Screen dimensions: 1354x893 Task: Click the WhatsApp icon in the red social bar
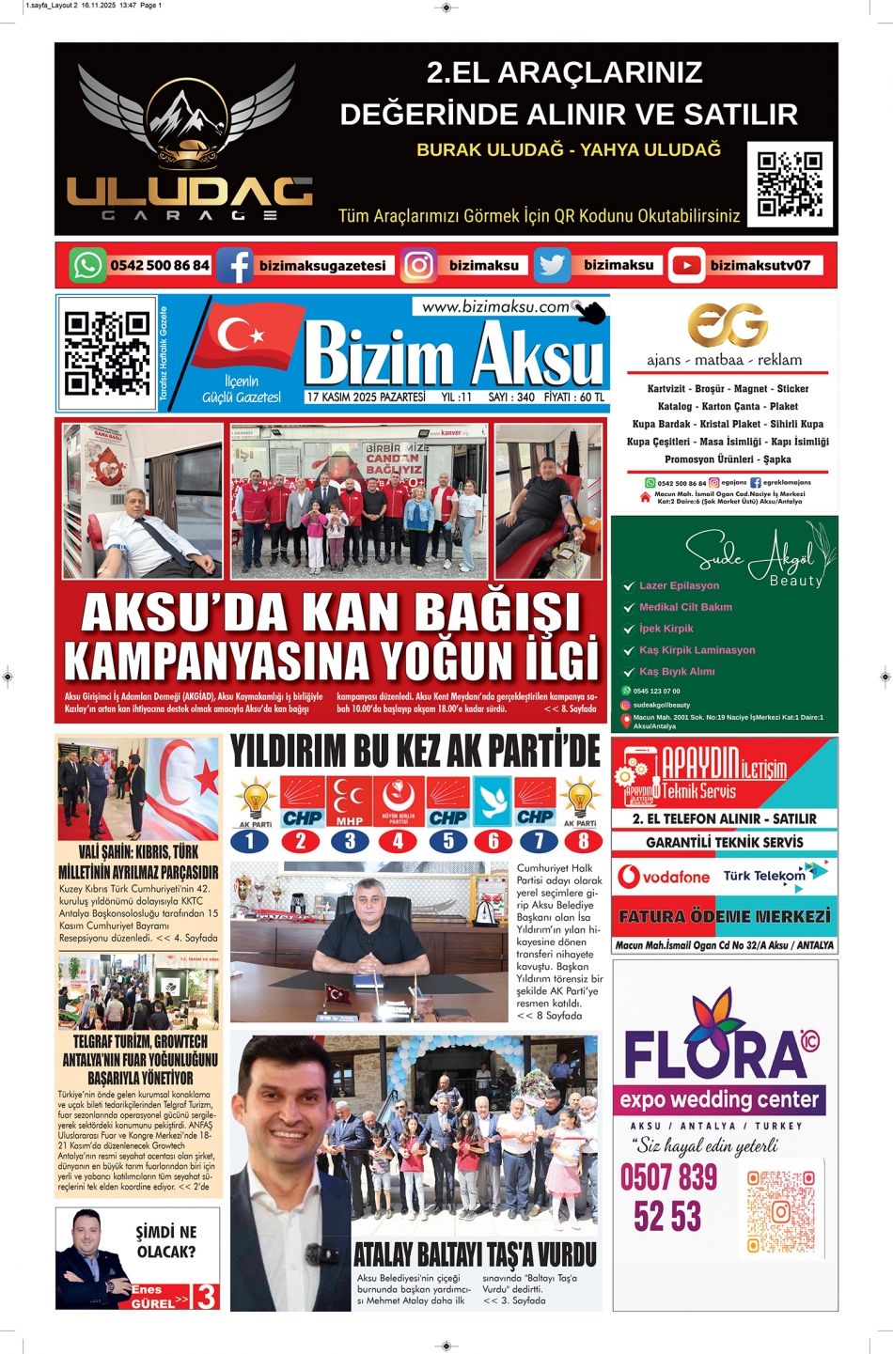coord(86,265)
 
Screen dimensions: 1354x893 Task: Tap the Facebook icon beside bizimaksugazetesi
coord(234,266)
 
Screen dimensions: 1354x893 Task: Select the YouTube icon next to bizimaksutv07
coord(686,266)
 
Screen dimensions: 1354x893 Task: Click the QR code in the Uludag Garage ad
coord(790,184)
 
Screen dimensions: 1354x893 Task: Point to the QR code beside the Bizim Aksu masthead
coord(107,354)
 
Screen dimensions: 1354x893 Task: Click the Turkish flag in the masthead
coord(249,335)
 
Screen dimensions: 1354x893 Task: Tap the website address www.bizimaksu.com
coord(495,306)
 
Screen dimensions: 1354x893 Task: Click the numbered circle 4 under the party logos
coord(398,841)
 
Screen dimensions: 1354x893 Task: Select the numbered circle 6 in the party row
coord(493,841)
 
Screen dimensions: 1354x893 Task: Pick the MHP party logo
coord(350,802)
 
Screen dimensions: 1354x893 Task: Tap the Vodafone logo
coord(664,877)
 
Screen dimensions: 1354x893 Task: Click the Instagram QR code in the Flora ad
coord(780,1211)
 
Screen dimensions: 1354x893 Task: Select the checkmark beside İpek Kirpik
coord(629,629)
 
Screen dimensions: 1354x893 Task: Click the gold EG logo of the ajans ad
coord(727,325)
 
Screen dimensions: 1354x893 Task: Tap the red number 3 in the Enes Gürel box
coord(206,1297)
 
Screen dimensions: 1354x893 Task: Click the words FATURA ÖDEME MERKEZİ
coord(724,916)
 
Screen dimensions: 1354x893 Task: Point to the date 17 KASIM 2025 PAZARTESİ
coord(366,397)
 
